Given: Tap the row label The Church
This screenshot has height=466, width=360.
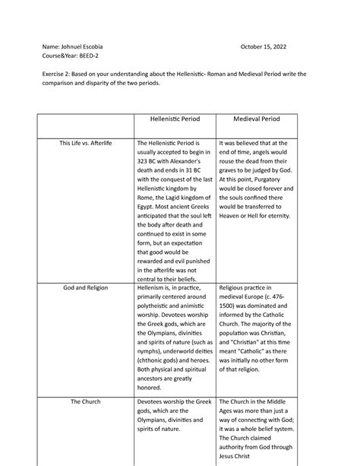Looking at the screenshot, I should click(85, 400).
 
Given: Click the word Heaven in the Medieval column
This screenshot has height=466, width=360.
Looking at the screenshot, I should click(235, 216).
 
